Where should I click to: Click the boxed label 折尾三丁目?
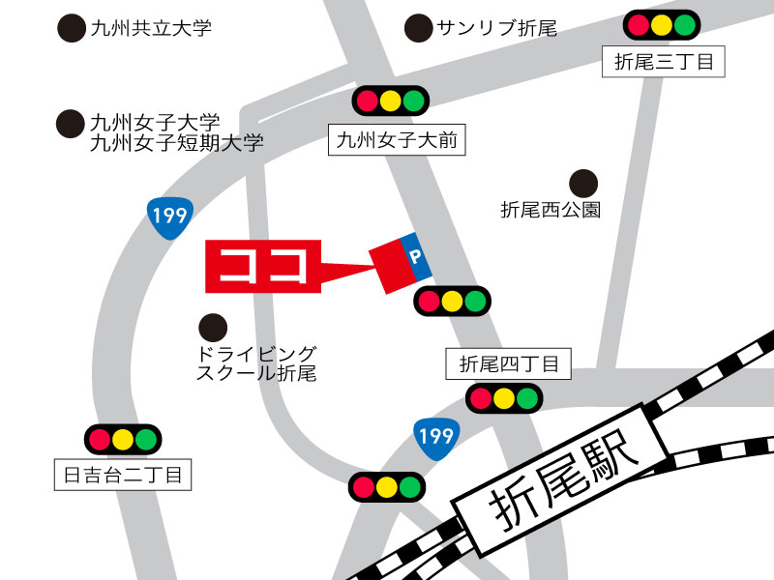click(x=664, y=63)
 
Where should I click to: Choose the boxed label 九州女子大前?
click(x=397, y=141)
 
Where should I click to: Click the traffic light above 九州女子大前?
click(x=391, y=100)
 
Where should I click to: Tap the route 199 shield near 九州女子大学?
click(x=170, y=214)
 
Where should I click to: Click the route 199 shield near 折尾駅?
click(x=435, y=438)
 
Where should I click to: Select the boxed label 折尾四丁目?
click(x=509, y=364)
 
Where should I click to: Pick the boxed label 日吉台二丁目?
click(x=123, y=475)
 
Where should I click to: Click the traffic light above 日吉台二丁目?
click(x=122, y=440)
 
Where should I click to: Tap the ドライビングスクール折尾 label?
click(x=255, y=363)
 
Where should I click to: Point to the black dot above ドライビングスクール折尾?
click(x=213, y=327)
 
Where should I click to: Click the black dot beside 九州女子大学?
click(x=71, y=124)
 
